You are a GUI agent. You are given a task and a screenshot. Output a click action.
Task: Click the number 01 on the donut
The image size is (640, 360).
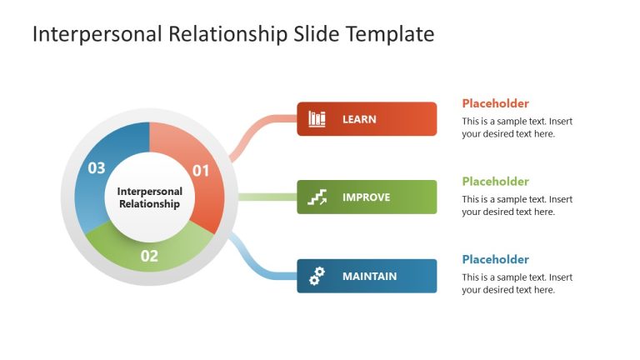pos(201,171)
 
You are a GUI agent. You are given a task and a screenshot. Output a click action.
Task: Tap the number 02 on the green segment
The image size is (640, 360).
pos(149,256)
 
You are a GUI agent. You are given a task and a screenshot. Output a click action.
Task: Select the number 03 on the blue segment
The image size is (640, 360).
pos(97,168)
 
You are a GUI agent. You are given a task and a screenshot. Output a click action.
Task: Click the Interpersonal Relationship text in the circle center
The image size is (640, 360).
pos(149,197)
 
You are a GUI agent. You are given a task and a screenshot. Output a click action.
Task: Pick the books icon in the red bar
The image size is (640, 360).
pos(317,119)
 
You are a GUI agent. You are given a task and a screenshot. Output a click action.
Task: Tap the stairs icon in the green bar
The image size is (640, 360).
pos(317,197)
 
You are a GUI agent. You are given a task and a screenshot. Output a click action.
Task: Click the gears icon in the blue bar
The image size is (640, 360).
pos(317,276)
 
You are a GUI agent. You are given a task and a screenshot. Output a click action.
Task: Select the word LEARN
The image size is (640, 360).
pos(359,119)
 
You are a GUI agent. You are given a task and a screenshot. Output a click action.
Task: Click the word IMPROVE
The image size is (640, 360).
pos(366,197)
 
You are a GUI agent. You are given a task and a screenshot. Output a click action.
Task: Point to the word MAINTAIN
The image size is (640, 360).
pos(369,276)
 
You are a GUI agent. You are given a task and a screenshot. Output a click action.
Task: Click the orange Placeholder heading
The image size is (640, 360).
pos(495,103)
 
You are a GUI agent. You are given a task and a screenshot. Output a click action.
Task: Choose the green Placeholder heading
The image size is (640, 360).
pos(495,182)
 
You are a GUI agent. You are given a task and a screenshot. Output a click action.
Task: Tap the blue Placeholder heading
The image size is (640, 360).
pos(495,259)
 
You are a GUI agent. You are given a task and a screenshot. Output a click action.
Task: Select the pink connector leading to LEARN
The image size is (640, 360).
pos(254,133)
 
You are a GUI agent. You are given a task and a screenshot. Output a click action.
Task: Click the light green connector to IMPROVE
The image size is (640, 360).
pos(267,197)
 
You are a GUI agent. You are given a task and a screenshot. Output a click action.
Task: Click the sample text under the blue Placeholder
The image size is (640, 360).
pos(517,283)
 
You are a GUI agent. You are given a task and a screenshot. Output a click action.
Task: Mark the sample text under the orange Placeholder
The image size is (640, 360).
pos(517,127)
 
